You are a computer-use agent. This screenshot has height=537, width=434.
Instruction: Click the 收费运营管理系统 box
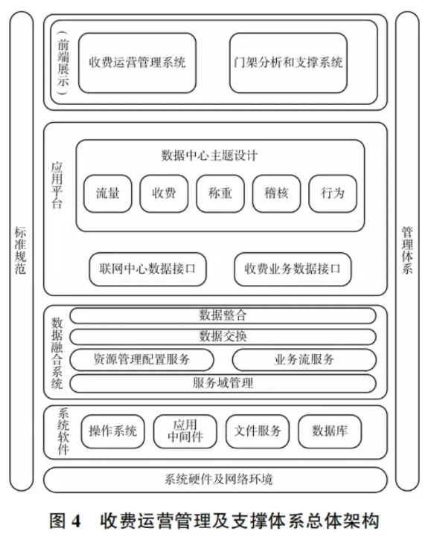(137, 62)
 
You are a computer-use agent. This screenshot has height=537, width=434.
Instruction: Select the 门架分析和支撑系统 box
(288, 62)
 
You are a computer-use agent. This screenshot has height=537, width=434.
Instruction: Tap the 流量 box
(108, 193)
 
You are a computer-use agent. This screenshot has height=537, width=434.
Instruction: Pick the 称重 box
(220, 193)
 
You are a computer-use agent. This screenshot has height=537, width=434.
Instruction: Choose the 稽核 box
(276, 193)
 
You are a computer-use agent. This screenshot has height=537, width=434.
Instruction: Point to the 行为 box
(333, 193)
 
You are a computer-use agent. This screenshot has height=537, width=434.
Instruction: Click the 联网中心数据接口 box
(147, 269)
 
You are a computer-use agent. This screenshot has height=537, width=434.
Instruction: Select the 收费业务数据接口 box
(293, 269)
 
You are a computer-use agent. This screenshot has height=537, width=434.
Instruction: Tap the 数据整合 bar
(223, 316)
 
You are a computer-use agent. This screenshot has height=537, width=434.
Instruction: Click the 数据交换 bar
(223, 337)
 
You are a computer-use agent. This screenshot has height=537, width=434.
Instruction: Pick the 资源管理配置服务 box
(142, 359)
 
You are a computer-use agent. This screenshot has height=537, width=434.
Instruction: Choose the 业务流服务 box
(304, 359)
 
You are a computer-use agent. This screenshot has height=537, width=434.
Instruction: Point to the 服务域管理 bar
(223, 383)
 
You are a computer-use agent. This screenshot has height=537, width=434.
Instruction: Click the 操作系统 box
(113, 431)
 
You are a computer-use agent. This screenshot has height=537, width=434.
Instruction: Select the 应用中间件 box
(185, 431)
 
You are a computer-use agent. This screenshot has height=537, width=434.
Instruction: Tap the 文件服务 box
(258, 431)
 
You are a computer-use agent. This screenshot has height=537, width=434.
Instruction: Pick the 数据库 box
(330, 431)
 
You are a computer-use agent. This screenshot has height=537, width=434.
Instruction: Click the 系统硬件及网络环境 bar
(215, 480)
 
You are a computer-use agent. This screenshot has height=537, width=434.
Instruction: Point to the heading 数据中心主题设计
(209, 156)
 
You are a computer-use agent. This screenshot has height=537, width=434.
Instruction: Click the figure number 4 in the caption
(76, 521)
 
